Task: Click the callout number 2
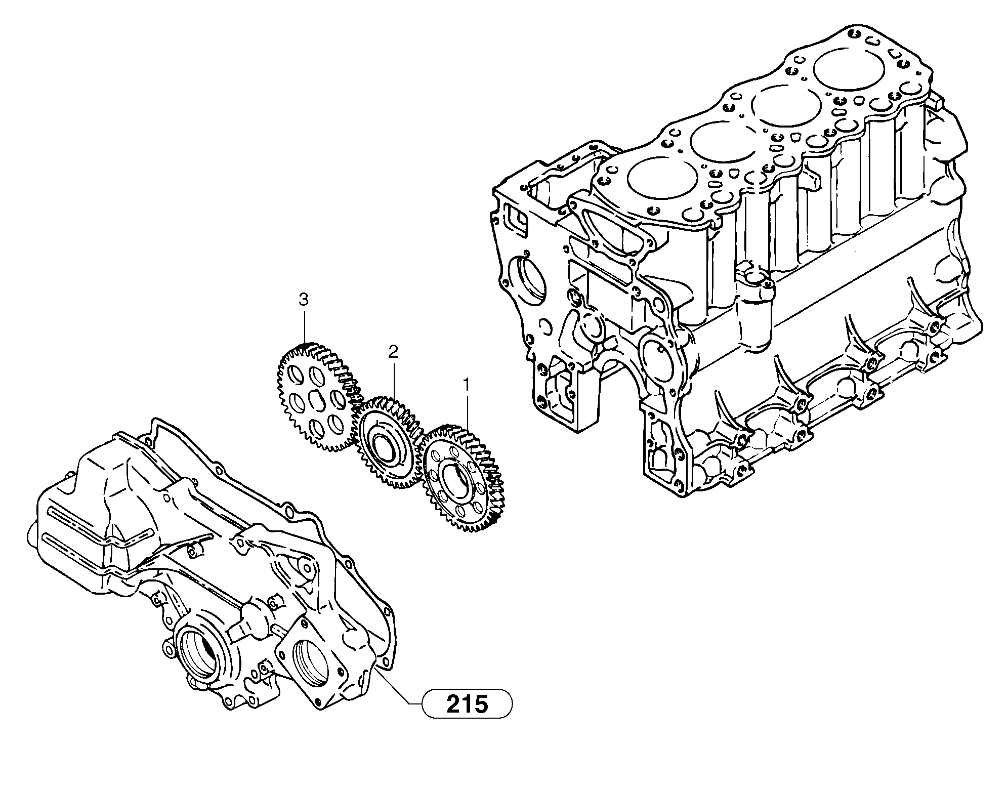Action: (x=393, y=351)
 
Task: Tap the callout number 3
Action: (x=303, y=300)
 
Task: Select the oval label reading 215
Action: (x=467, y=703)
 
